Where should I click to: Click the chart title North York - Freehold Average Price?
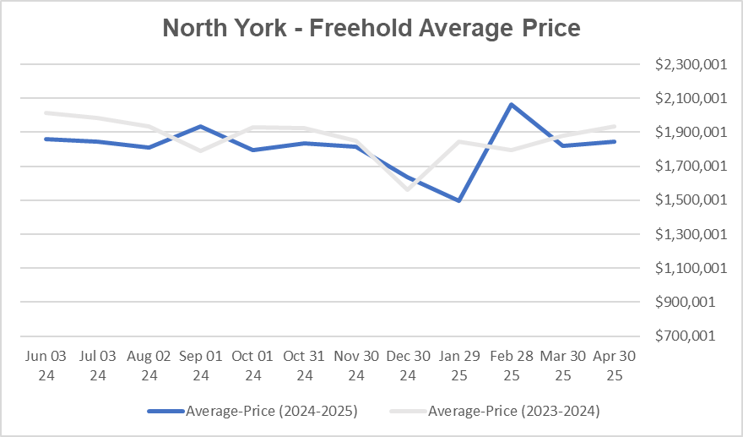(371, 28)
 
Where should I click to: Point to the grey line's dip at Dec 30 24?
(408, 189)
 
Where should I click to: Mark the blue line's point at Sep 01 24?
(201, 127)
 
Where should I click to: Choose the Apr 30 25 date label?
(614, 365)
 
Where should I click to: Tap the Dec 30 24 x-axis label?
(408, 365)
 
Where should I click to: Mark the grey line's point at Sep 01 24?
(201, 150)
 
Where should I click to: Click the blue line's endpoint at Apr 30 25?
(614, 141)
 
